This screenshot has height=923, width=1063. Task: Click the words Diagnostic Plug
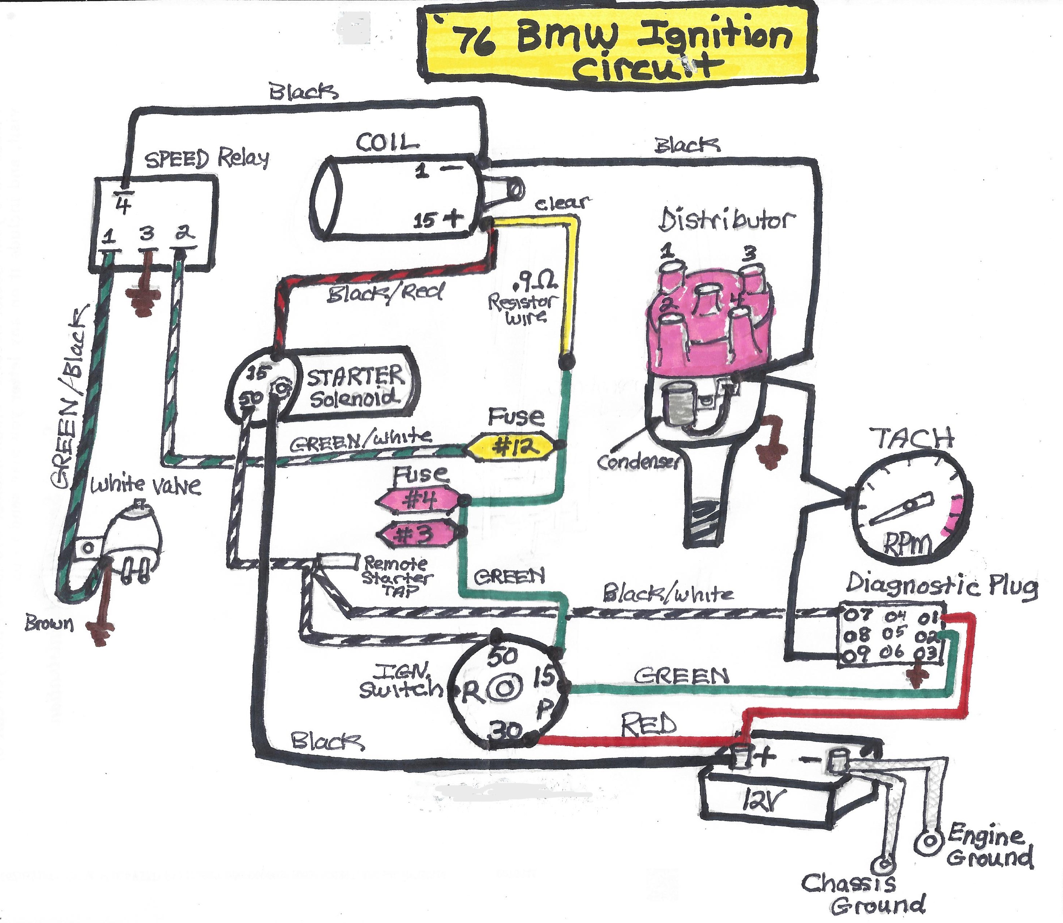tap(941, 586)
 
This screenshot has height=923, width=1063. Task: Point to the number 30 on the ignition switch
tap(505, 731)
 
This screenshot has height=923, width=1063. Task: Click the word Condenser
tap(637, 462)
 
